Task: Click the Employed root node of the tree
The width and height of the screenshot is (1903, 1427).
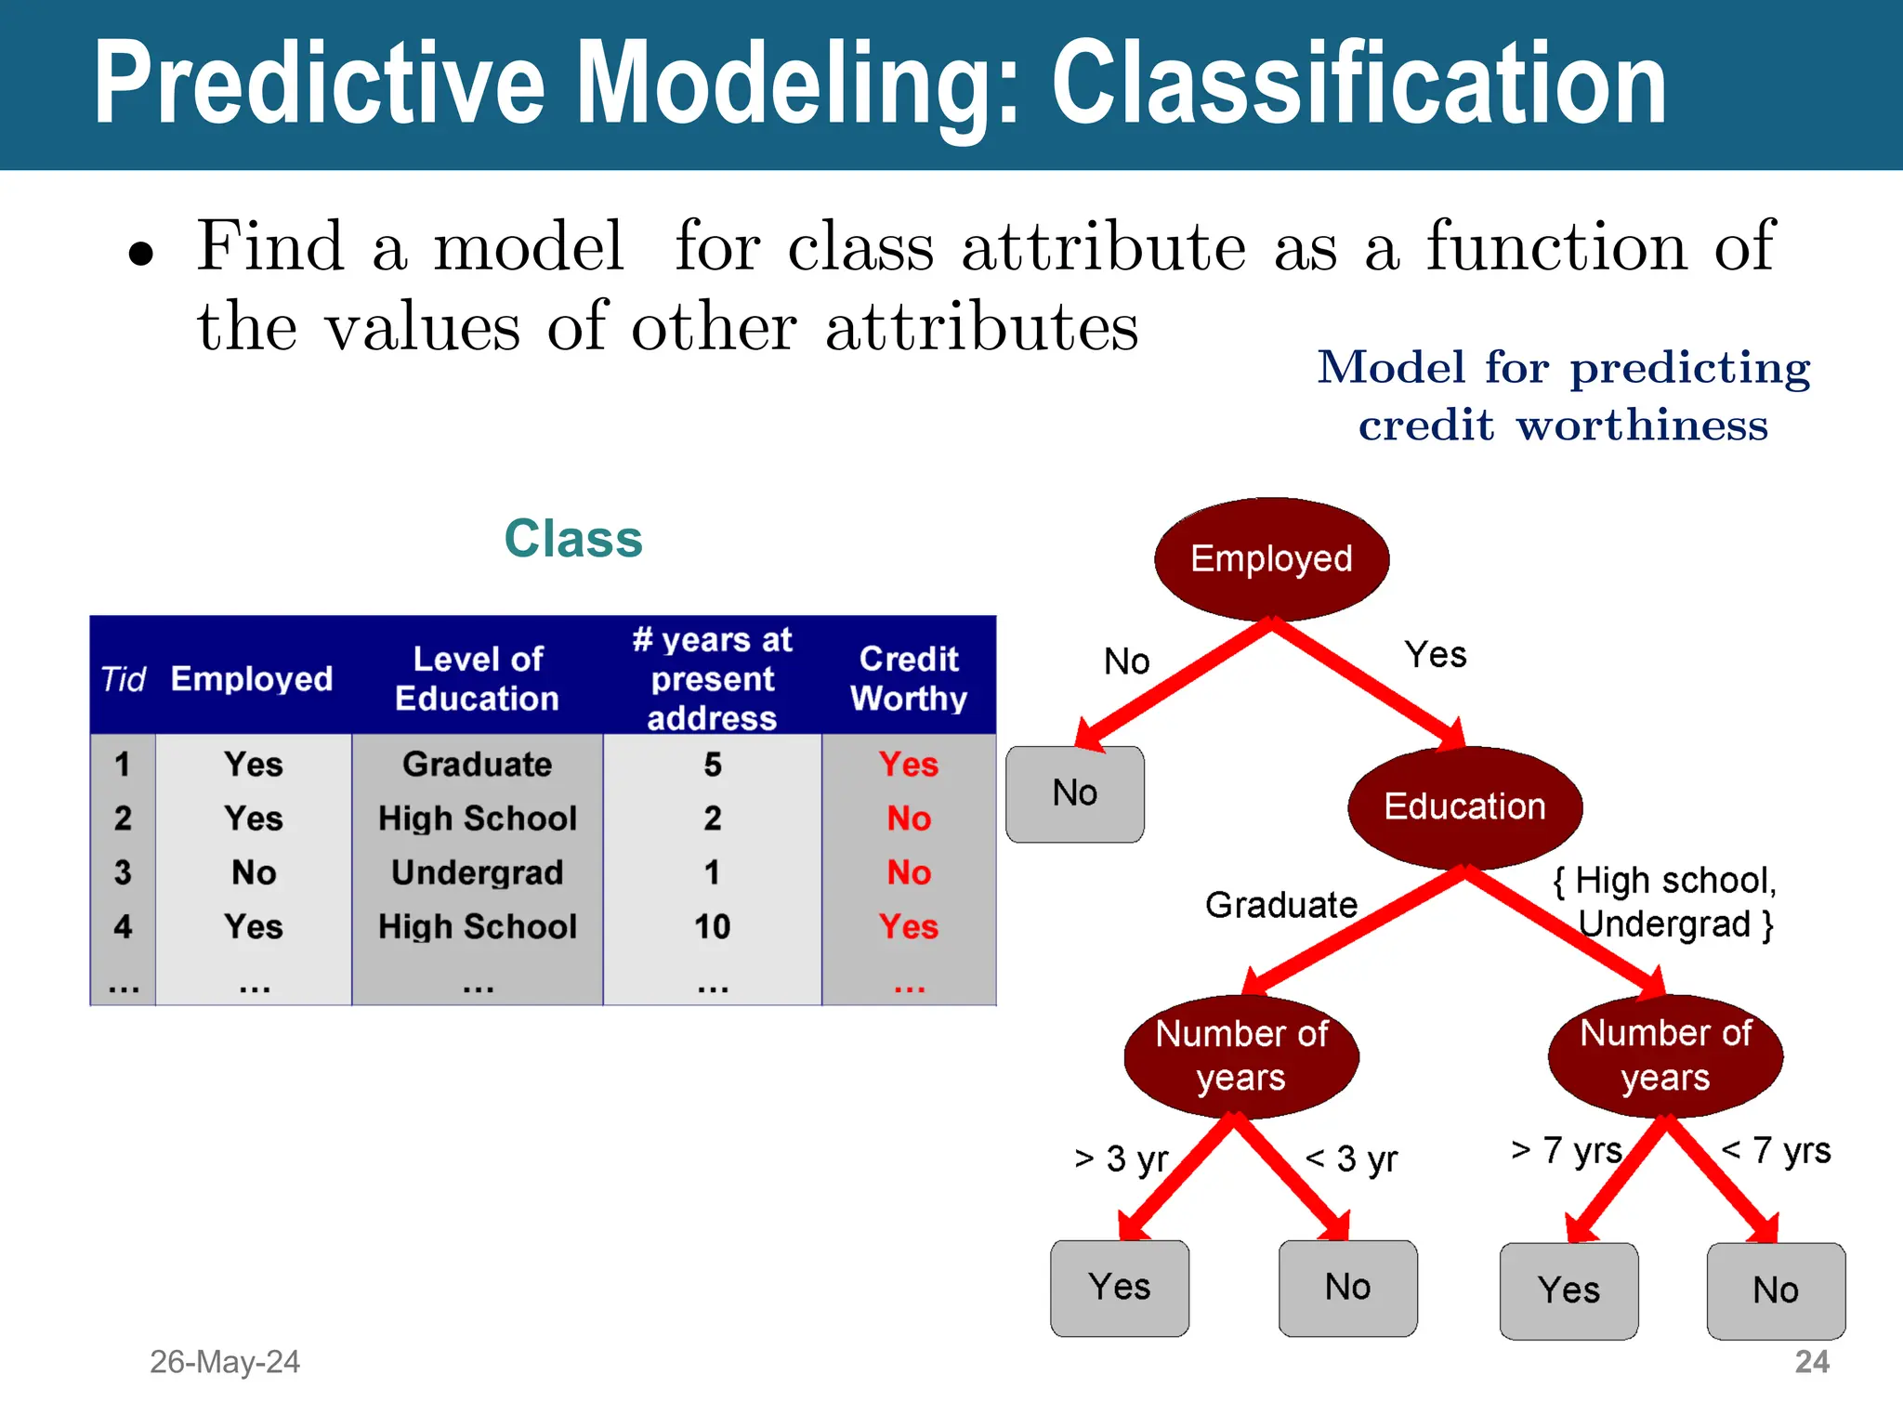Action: (x=1271, y=559)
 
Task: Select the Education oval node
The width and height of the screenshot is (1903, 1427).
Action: (x=1464, y=806)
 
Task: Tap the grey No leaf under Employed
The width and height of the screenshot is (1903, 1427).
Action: (x=1075, y=794)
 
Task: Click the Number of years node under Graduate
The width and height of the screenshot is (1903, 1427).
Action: (x=1241, y=1056)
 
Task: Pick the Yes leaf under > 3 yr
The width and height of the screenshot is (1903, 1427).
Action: (x=1120, y=1288)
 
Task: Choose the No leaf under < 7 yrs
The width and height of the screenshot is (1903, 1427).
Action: (x=1776, y=1290)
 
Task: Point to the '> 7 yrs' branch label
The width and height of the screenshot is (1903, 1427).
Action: (x=1567, y=1150)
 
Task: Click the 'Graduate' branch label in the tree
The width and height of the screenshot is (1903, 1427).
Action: (x=1281, y=905)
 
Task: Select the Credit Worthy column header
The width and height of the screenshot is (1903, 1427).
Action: (x=909, y=678)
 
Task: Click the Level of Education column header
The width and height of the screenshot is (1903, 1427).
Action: (x=478, y=678)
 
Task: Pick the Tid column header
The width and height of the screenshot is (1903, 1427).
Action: (x=123, y=679)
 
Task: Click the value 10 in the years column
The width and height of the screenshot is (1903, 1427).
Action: (x=713, y=926)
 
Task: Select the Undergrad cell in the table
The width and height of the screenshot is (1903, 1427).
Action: (x=478, y=872)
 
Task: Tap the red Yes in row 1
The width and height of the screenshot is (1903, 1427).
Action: (x=909, y=765)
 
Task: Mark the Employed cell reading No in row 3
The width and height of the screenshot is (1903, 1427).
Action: (x=254, y=872)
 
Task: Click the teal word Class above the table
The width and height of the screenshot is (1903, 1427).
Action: (x=573, y=539)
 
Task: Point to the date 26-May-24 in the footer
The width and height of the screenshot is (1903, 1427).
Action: (x=225, y=1362)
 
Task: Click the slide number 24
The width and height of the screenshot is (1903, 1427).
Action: (x=1812, y=1362)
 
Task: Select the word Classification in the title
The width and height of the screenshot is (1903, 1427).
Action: (x=1359, y=84)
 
